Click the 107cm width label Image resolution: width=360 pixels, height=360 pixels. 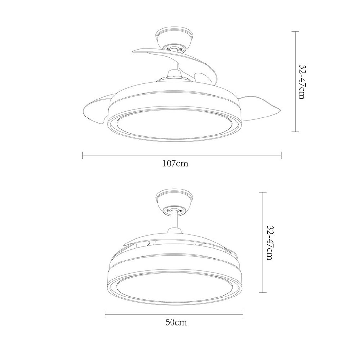tap(175, 163)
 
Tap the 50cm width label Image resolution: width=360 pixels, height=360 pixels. tap(176, 322)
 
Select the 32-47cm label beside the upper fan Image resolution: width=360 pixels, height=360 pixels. tap(302, 81)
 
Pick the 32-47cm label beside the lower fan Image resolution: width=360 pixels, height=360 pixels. tap(270, 243)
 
